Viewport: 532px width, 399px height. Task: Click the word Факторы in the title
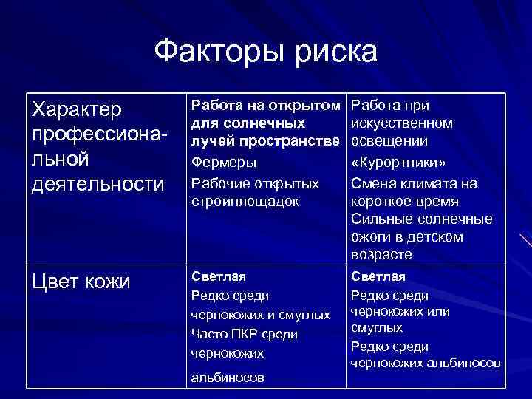tap(214, 52)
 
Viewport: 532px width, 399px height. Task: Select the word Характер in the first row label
tap(76, 110)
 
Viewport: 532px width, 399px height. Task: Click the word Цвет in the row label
tap(56, 281)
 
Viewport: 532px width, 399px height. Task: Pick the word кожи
tap(108, 281)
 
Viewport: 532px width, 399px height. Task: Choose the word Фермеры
tap(224, 161)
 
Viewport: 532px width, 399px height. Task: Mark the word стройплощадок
tap(245, 201)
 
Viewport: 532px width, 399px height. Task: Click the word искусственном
tap(402, 123)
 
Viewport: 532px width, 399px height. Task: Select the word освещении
tap(388, 140)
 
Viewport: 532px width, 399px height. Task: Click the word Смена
tap(372, 183)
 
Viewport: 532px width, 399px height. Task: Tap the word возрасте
tap(381, 255)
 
